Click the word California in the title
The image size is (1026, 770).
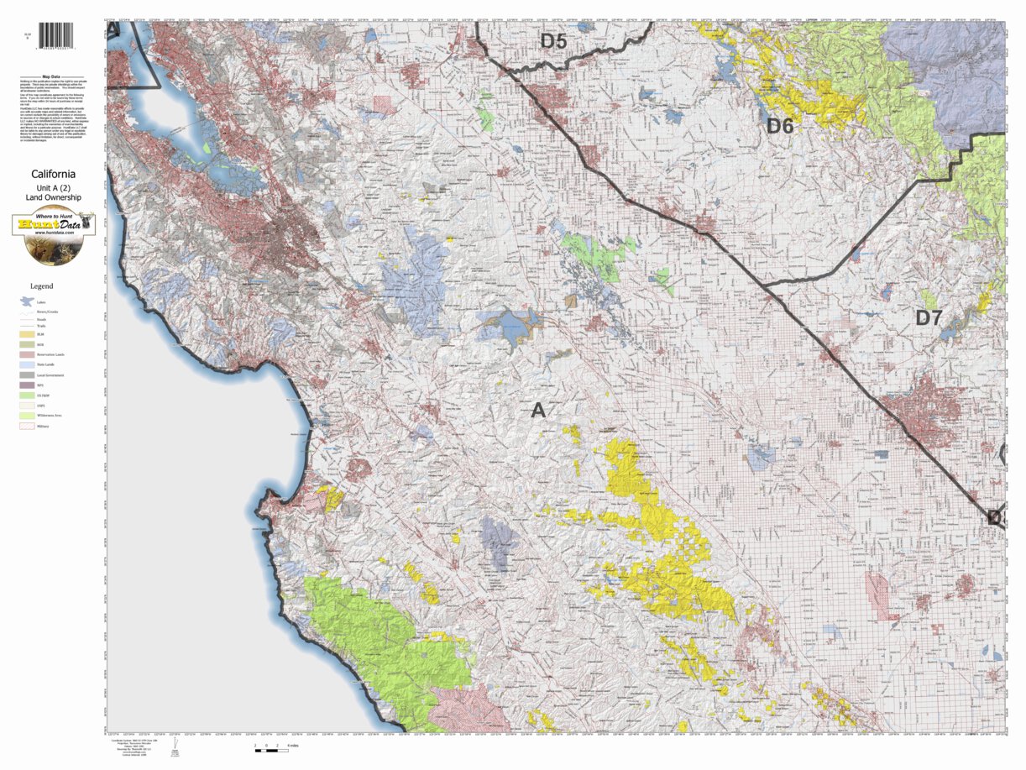point(54,175)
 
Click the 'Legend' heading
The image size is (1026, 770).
point(41,286)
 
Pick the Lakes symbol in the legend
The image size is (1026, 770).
point(28,301)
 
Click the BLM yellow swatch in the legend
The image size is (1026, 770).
point(28,334)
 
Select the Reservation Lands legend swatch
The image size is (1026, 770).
point(28,354)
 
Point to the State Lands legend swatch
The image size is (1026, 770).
point(28,365)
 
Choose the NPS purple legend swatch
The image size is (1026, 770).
point(28,385)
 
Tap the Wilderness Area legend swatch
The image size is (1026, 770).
point(28,416)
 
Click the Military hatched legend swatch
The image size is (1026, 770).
point(28,427)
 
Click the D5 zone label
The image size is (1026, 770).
point(553,40)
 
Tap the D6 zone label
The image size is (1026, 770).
point(779,127)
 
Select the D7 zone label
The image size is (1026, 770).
point(929,318)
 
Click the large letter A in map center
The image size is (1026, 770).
point(538,411)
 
